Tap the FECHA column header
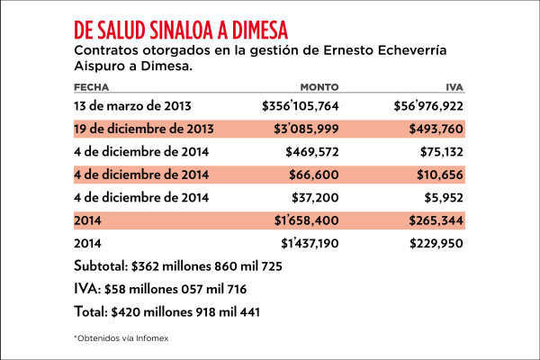pos(93,87)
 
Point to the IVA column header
pos(454,87)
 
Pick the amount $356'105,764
pos(300,106)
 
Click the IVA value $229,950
pos(436,243)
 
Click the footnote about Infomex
pos(121,337)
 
